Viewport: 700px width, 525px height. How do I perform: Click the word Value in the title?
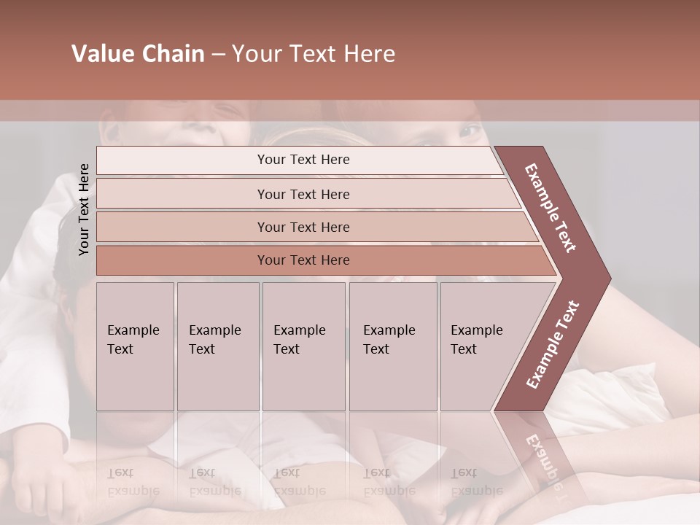point(101,54)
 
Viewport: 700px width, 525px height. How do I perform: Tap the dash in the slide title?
point(218,55)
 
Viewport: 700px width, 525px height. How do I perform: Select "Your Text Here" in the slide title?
point(314,54)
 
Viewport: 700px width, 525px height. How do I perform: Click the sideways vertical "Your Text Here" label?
point(84,209)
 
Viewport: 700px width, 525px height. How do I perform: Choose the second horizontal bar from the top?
point(303,194)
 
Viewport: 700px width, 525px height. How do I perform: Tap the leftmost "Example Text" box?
point(135,346)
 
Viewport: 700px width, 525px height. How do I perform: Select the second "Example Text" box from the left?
point(217,346)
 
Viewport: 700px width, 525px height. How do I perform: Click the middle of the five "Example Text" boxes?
point(303,346)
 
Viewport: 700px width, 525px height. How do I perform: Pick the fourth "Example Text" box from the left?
point(392,346)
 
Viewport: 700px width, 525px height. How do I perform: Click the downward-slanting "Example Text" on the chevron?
point(551,208)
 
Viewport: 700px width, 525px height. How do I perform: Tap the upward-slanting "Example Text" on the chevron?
point(553,344)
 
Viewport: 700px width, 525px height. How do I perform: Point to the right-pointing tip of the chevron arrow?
point(609,279)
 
